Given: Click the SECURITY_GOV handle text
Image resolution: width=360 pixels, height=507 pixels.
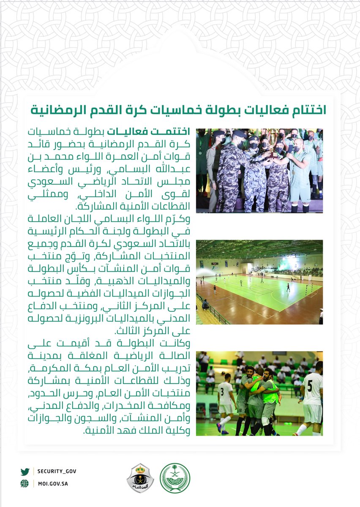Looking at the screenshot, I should tap(56, 471).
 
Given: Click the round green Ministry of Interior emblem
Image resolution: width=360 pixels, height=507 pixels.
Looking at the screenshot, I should tap(175, 478).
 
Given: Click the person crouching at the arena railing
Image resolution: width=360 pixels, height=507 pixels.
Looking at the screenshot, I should tap(205, 305).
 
